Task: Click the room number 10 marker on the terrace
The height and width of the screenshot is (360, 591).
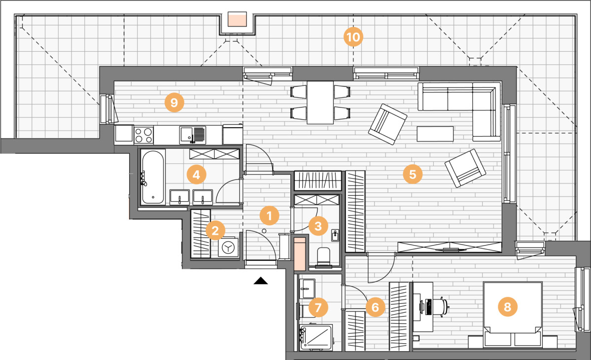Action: click(x=353, y=37)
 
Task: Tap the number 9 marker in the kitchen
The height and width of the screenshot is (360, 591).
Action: click(x=174, y=103)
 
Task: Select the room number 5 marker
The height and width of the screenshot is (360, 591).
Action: click(x=413, y=174)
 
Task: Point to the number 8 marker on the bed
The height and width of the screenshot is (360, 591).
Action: click(x=507, y=307)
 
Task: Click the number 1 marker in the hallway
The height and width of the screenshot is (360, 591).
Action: click(x=269, y=216)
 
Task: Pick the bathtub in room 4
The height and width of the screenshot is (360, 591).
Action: click(x=153, y=177)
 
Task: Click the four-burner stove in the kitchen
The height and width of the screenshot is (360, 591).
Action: click(x=143, y=135)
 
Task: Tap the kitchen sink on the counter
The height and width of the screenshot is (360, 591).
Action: click(x=193, y=135)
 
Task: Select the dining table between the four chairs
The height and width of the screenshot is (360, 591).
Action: click(x=320, y=103)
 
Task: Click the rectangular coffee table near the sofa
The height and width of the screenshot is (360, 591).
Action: click(x=435, y=134)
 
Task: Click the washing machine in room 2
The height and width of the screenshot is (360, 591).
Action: click(x=228, y=247)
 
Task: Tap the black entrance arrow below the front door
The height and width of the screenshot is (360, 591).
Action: click(x=261, y=281)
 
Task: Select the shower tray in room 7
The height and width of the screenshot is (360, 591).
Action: click(x=316, y=337)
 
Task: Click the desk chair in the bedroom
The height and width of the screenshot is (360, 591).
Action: click(x=441, y=306)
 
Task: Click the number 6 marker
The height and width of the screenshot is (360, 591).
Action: click(x=375, y=307)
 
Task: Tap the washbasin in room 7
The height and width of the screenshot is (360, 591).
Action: click(x=308, y=289)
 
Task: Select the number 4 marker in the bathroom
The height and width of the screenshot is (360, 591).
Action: click(x=196, y=175)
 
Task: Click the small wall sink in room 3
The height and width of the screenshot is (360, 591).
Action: click(x=335, y=235)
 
